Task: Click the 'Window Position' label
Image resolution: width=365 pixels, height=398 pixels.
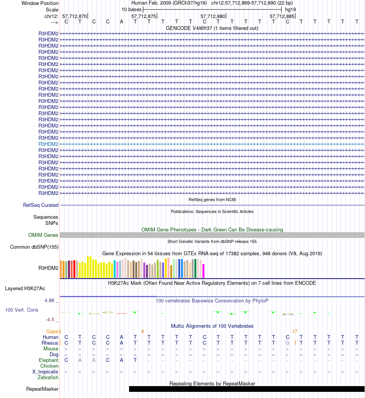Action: click(40, 3)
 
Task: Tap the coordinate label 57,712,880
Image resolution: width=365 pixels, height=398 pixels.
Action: click(213, 16)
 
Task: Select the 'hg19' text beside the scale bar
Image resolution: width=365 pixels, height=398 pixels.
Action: click(290, 9)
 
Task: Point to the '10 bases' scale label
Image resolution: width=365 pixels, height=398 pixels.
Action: click(131, 9)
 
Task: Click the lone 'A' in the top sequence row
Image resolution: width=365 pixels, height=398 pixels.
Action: click(121, 21)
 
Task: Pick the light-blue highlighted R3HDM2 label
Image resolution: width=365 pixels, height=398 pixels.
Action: click(48, 144)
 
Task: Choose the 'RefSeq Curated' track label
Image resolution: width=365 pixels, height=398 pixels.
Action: click(41, 205)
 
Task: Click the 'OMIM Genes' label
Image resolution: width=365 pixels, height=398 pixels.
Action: click(43, 235)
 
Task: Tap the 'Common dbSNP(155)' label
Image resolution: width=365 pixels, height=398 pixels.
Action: click(34, 247)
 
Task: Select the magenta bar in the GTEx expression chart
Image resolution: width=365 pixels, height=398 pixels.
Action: click(204, 271)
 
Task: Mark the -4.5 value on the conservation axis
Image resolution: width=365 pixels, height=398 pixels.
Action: click(51, 319)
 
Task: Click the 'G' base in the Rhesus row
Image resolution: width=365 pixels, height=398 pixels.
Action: click(287, 343)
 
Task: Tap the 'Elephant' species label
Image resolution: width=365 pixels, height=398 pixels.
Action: click(48, 360)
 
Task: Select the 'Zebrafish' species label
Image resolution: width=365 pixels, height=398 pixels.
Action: click(48, 377)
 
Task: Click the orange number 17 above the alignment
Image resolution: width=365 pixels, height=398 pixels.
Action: click(295, 331)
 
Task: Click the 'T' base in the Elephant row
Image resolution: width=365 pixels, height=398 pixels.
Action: click(135, 360)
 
